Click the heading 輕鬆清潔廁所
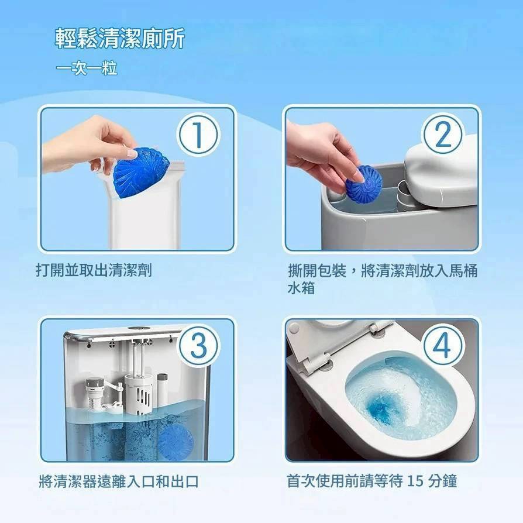pyautogui.click(x=120, y=39)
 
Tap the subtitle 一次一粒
pyautogui.click(x=87, y=68)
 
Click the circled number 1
pyautogui.click(x=198, y=135)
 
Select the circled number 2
pyautogui.click(x=443, y=135)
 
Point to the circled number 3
pyautogui.click(x=198, y=346)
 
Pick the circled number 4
pyautogui.click(x=443, y=346)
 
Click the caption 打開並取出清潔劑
pyautogui.click(x=94, y=270)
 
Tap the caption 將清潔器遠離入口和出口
pyautogui.click(x=119, y=481)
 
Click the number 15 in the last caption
pyautogui.click(x=415, y=481)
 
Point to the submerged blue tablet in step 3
pyautogui.click(x=175, y=441)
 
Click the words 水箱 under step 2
pyautogui.click(x=301, y=288)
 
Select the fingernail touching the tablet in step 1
pyautogui.click(x=132, y=154)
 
